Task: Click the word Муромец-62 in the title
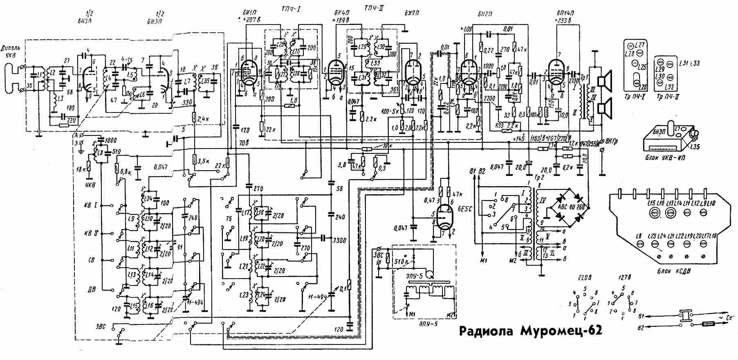[561, 331]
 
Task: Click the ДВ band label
[92, 289]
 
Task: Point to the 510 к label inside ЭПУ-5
[403, 261]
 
